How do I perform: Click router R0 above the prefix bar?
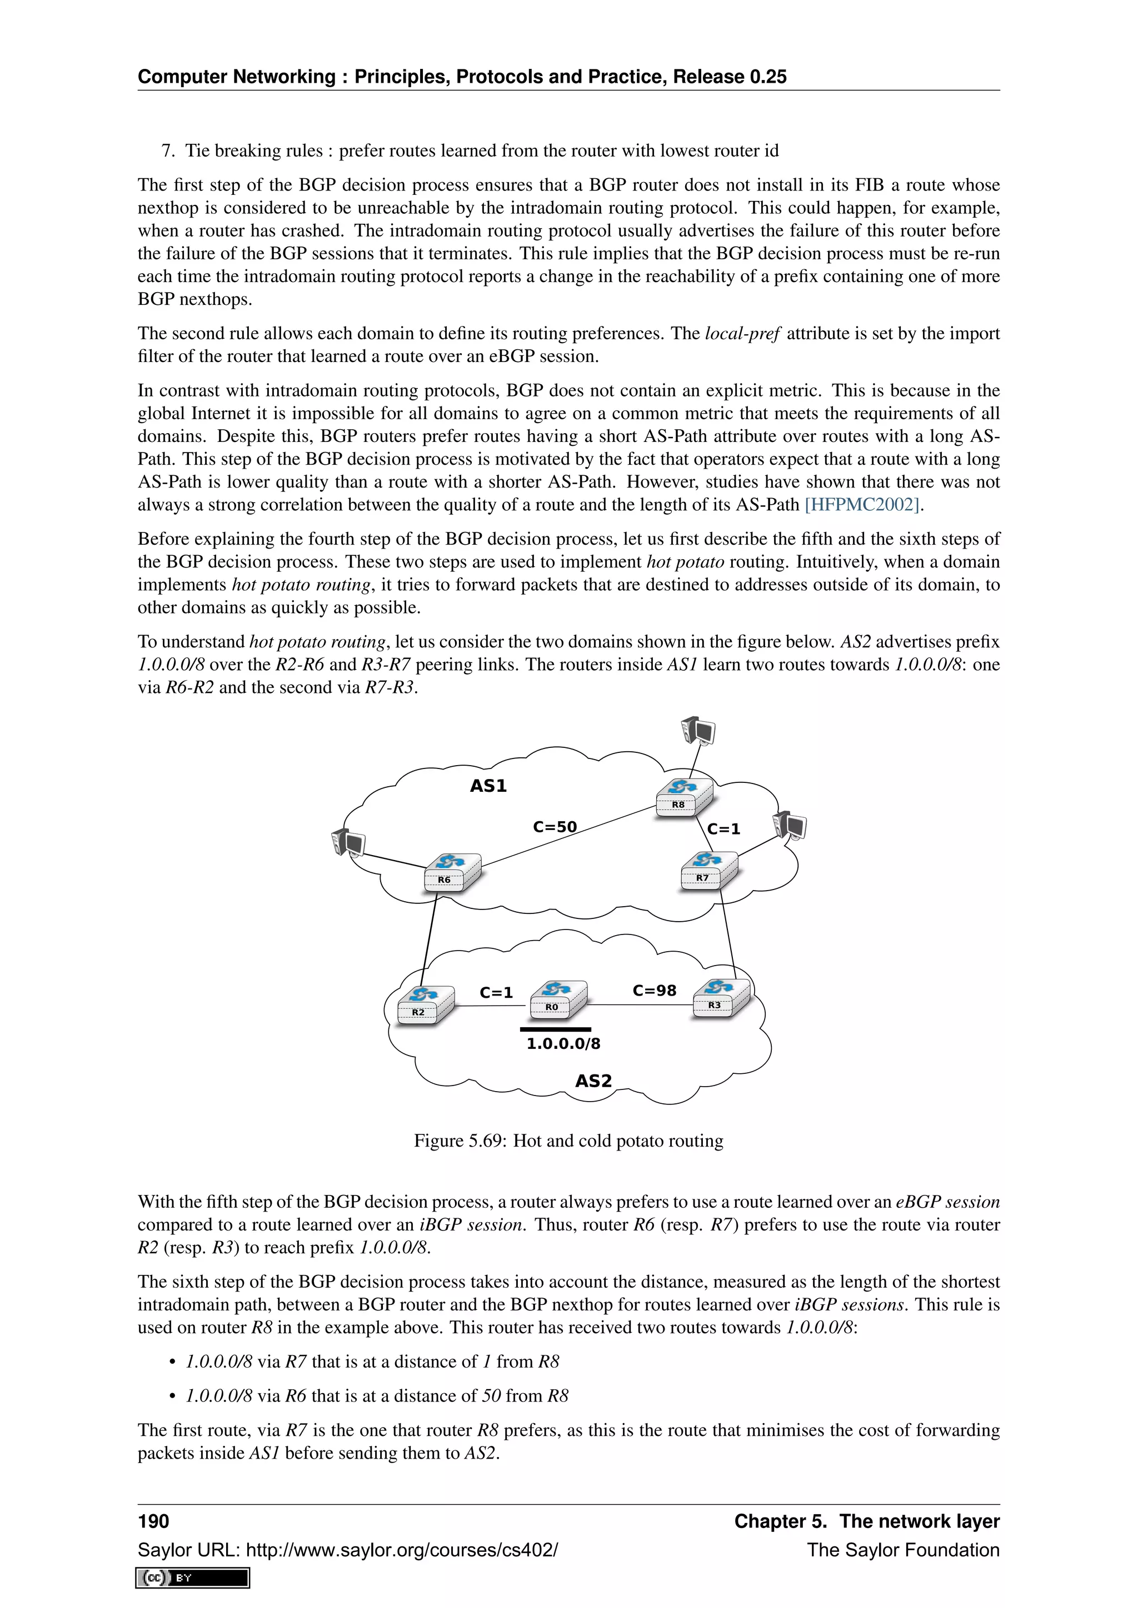point(558,999)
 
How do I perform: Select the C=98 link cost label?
point(654,991)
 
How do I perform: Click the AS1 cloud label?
point(488,786)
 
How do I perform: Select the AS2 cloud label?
point(593,1081)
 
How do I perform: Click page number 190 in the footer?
point(153,1521)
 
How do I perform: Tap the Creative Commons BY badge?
point(193,1577)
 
